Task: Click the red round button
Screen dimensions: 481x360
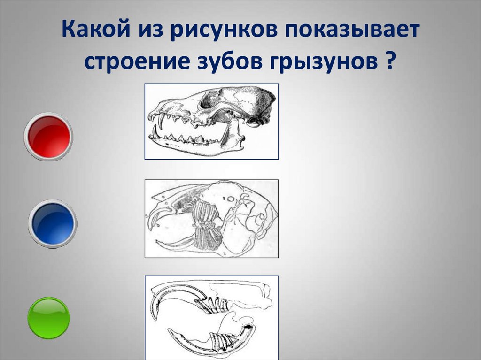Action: tap(48, 137)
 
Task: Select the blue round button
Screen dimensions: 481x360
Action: tap(53, 224)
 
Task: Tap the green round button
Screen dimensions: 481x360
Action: tap(49, 318)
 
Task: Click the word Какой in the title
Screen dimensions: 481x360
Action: tap(95, 30)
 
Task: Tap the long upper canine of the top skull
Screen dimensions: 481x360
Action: tap(160, 121)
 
